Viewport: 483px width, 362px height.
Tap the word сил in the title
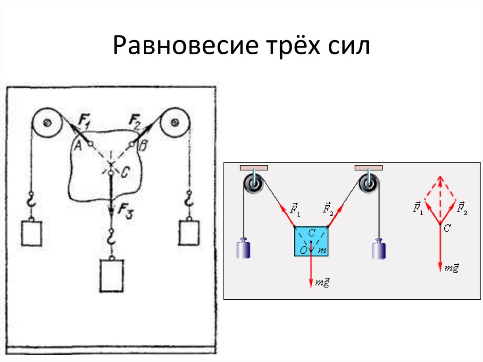click(x=349, y=48)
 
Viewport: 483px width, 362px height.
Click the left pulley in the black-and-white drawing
click(x=47, y=123)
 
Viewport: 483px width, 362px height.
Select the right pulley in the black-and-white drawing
click(x=175, y=123)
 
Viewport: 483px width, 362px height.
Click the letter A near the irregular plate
click(x=78, y=146)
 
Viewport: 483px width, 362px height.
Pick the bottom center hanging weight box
click(x=111, y=276)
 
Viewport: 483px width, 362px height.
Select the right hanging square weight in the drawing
click(x=189, y=232)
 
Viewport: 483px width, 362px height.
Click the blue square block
click(x=311, y=241)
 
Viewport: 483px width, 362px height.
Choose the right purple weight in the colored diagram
click(x=379, y=249)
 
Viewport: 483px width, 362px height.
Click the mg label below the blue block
click(x=323, y=282)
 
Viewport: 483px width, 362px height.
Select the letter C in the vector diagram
click(x=447, y=227)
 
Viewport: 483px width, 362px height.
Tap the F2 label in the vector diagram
click(x=462, y=207)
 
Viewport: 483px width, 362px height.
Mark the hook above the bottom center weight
click(x=111, y=237)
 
